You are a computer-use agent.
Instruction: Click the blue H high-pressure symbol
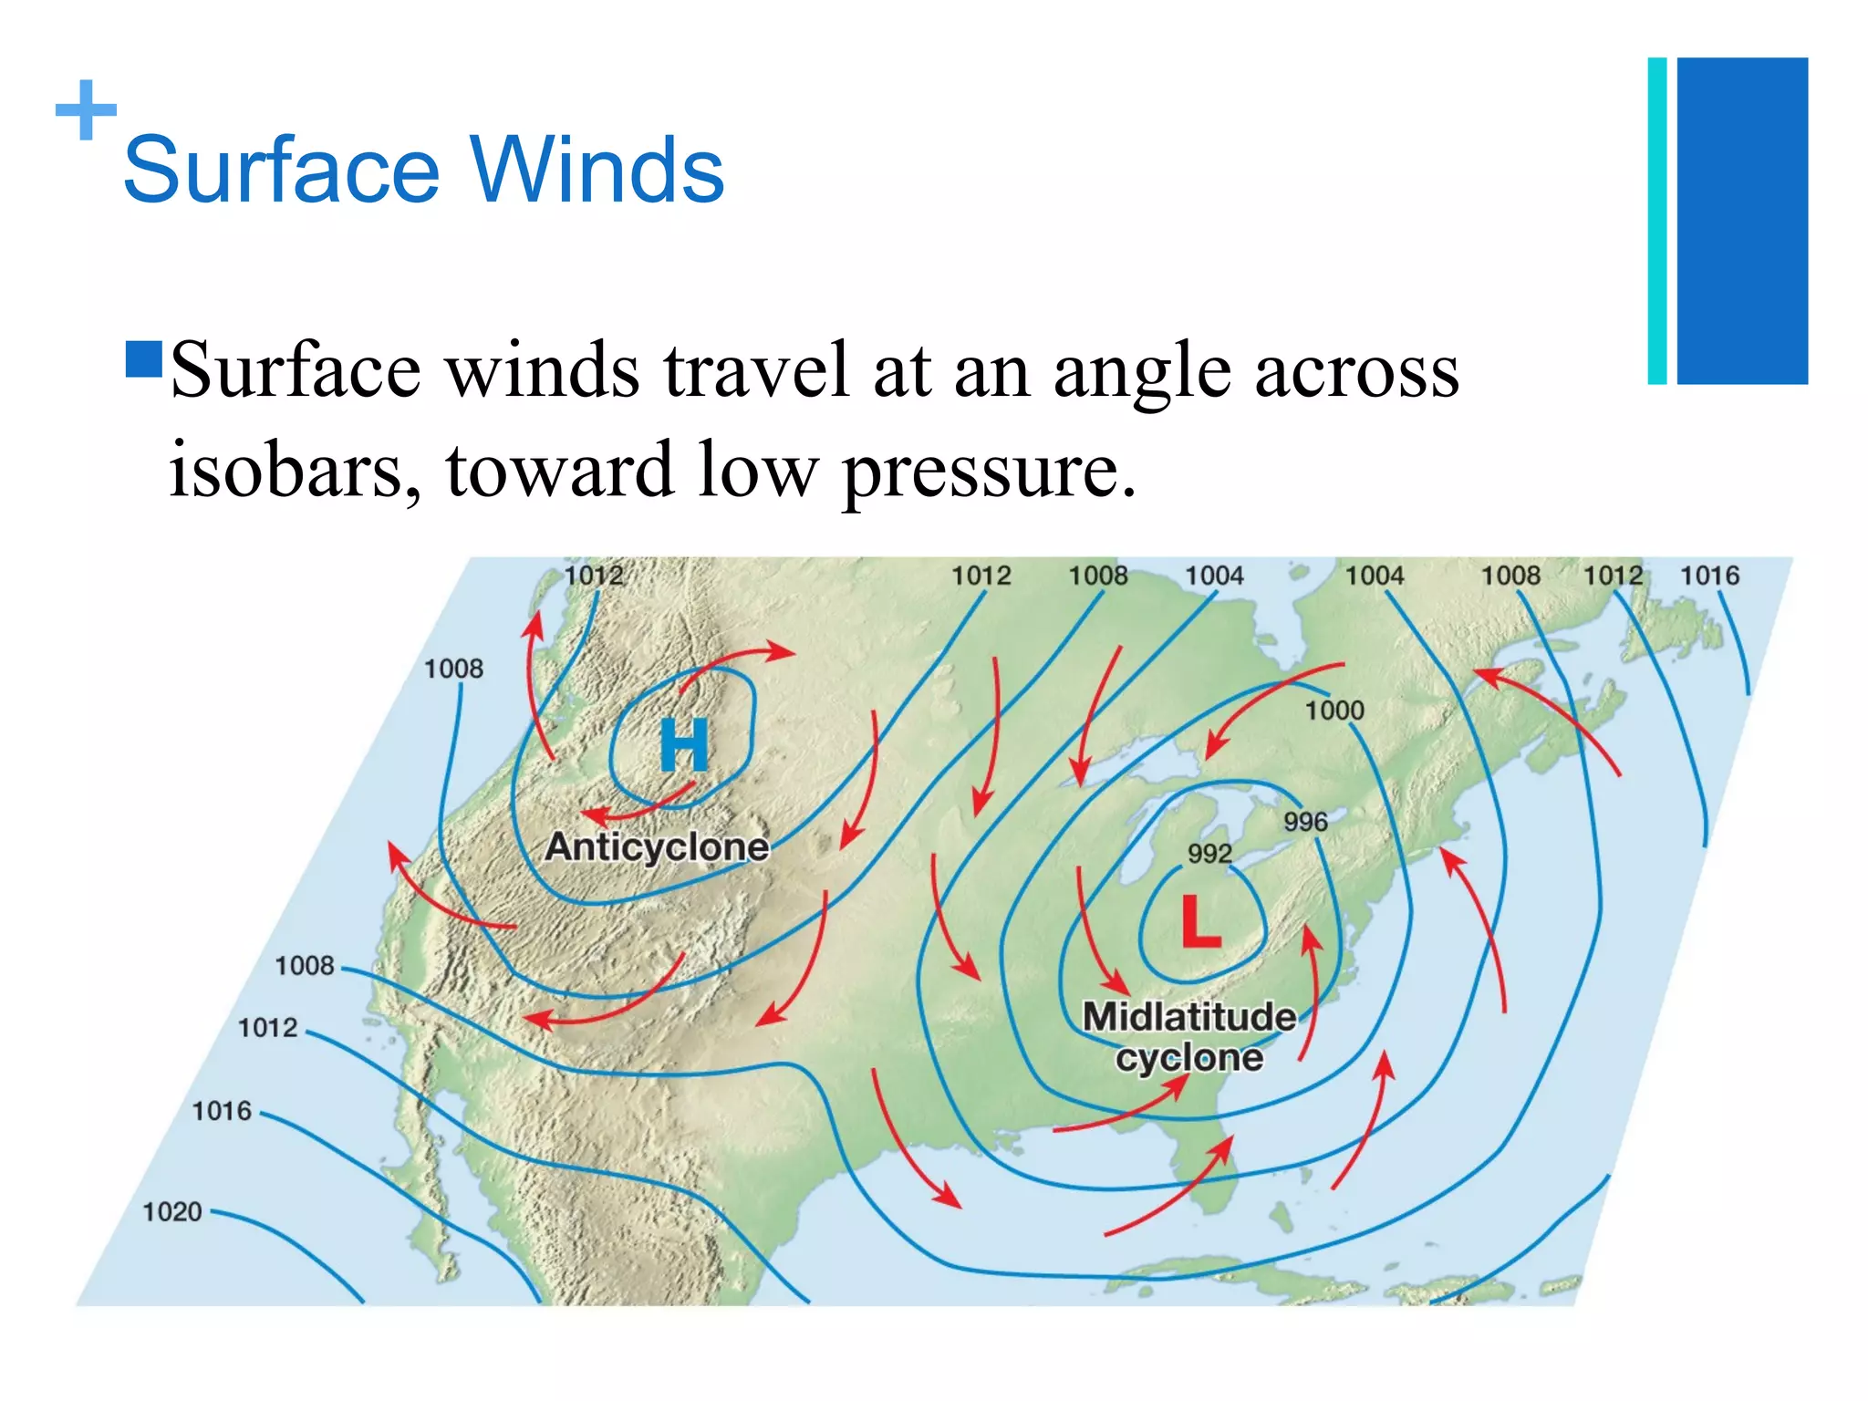pyautogui.click(x=684, y=745)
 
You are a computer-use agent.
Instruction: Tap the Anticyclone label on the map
pyautogui.click(x=657, y=846)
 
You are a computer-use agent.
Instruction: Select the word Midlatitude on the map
pyautogui.click(x=1189, y=1016)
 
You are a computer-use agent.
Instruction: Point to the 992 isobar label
pyautogui.click(x=1209, y=854)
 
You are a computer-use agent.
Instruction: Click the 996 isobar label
pyautogui.click(x=1305, y=822)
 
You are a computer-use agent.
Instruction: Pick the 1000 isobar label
pyautogui.click(x=1334, y=711)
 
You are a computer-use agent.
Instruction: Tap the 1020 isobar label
pyautogui.click(x=171, y=1211)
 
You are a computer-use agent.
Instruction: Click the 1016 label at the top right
pyautogui.click(x=1709, y=576)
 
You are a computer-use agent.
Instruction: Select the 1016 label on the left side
pyautogui.click(x=221, y=1111)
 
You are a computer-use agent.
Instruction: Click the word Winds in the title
pyautogui.click(x=597, y=171)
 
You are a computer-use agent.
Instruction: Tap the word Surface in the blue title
pyautogui.click(x=282, y=171)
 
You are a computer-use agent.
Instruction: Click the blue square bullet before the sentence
pyautogui.click(x=144, y=359)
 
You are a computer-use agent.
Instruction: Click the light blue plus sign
pyautogui.click(x=87, y=110)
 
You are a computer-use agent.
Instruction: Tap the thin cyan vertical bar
pyautogui.click(x=1657, y=221)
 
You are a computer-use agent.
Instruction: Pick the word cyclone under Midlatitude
pyautogui.click(x=1189, y=1058)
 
